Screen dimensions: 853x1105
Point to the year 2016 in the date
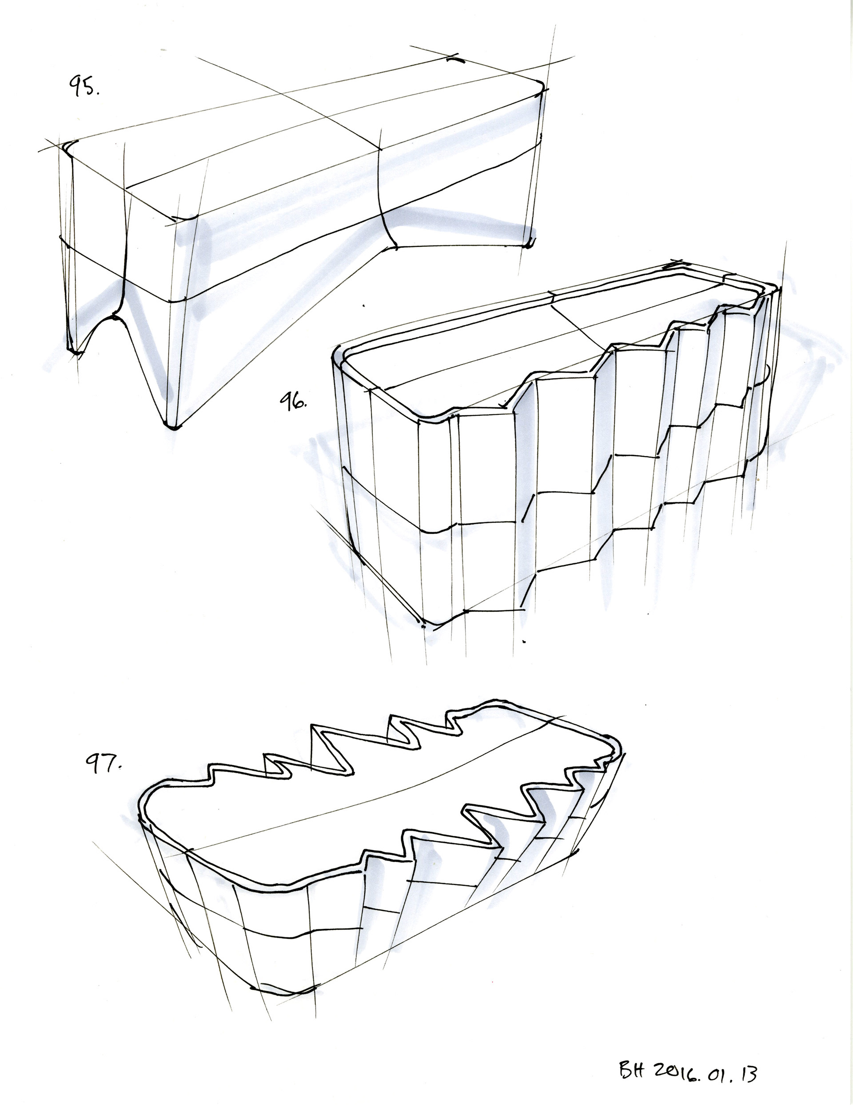coord(673,1072)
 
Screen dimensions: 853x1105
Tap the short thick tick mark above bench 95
coord(456,59)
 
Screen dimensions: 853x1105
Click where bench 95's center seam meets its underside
coord(395,247)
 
